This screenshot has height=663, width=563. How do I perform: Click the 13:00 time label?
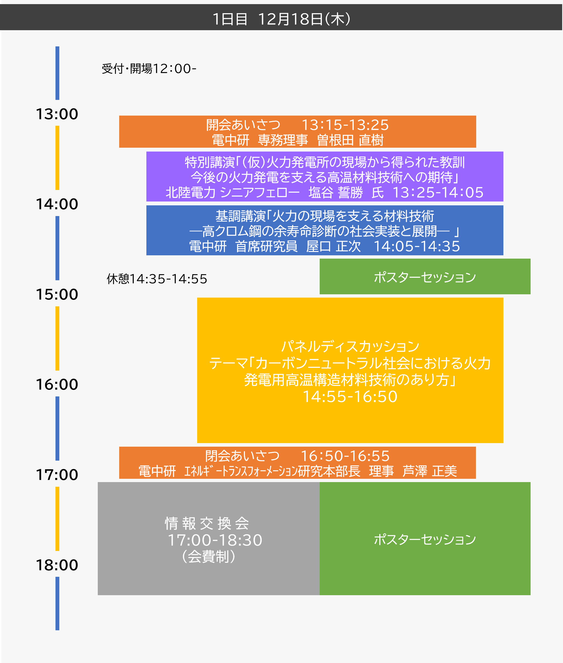[57, 114]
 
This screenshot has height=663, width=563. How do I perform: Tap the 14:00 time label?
[57, 204]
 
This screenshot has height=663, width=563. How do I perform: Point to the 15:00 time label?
[57, 294]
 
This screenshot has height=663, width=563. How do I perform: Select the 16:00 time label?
[57, 384]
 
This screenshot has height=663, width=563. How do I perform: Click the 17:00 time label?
[57, 474]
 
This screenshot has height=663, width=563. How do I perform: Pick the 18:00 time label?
[57, 565]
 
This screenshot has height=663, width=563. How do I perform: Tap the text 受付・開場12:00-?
[149, 69]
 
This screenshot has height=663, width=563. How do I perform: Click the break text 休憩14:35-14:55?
[157, 279]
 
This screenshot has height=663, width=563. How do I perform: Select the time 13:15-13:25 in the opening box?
[345, 125]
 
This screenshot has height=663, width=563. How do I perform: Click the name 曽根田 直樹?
[350, 140]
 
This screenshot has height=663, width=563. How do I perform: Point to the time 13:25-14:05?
[437, 192]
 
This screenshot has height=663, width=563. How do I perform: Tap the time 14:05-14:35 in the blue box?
[417, 246]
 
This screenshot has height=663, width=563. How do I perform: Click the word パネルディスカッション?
[350, 346]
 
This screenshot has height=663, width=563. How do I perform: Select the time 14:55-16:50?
[350, 397]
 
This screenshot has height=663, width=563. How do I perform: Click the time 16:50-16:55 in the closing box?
[345, 456]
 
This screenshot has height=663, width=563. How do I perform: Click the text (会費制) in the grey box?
[208, 557]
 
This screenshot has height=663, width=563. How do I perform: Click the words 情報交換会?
[207, 524]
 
